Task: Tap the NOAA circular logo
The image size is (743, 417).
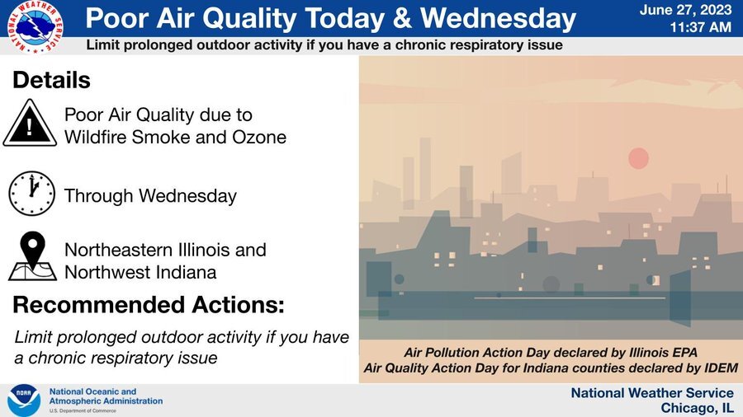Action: click(24, 401)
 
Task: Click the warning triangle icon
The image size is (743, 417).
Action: click(30, 124)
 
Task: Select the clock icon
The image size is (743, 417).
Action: click(31, 194)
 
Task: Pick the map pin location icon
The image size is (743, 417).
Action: click(32, 256)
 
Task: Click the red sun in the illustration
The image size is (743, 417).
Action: click(638, 158)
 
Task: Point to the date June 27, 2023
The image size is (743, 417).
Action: click(684, 11)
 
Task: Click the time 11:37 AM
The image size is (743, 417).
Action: click(700, 27)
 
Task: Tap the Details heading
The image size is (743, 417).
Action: click(51, 81)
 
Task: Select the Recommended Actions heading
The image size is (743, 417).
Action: click(149, 305)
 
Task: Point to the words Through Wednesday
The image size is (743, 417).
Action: click(150, 196)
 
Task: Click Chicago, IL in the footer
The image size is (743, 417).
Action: click(697, 408)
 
